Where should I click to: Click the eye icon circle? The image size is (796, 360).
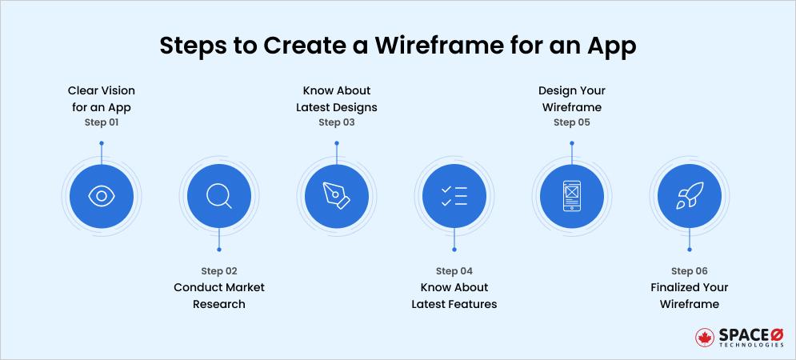(101, 196)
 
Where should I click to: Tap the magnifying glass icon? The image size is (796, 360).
(218, 196)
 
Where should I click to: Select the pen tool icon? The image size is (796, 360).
(336, 196)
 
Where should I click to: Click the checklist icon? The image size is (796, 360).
(454, 196)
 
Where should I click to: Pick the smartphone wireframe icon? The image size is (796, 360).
(571, 196)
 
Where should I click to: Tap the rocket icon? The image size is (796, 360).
(689, 196)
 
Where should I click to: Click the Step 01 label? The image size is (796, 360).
(102, 122)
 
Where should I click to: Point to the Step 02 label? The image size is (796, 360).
(219, 271)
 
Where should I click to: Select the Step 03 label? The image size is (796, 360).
(336, 122)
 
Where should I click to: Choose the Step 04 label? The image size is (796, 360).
(454, 271)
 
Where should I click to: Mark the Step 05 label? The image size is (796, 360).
(571, 122)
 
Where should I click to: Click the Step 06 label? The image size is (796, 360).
(689, 271)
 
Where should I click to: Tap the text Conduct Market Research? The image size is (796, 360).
(219, 295)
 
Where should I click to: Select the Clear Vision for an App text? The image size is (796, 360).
(102, 98)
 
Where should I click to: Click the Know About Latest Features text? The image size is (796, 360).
(454, 295)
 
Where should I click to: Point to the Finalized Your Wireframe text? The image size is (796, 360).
(689, 295)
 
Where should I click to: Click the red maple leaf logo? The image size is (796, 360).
(705, 338)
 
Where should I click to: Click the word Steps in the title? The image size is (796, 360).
(193, 46)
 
